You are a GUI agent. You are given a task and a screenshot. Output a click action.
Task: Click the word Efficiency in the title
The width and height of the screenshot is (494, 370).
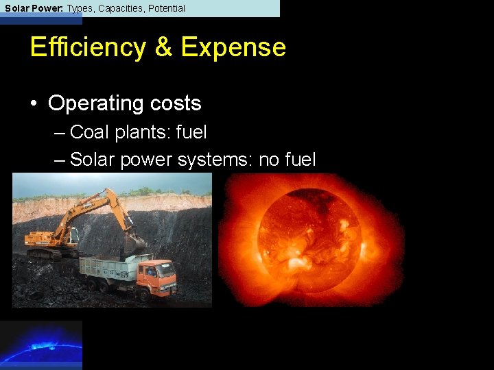click(x=88, y=47)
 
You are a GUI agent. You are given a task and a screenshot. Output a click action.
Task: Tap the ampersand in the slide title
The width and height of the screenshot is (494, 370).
click(x=163, y=47)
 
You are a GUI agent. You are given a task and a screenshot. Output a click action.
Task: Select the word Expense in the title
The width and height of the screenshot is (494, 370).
click(x=233, y=47)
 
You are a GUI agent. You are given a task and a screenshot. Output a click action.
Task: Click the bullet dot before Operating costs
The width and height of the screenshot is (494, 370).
click(x=33, y=104)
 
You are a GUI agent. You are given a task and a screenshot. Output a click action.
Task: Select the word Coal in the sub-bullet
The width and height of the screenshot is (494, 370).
click(x=90, y=132)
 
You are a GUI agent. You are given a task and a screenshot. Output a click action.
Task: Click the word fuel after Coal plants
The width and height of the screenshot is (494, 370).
click(x=191, y=132)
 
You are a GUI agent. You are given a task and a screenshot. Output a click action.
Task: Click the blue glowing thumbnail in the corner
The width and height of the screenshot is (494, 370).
click(x=41, y=345)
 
